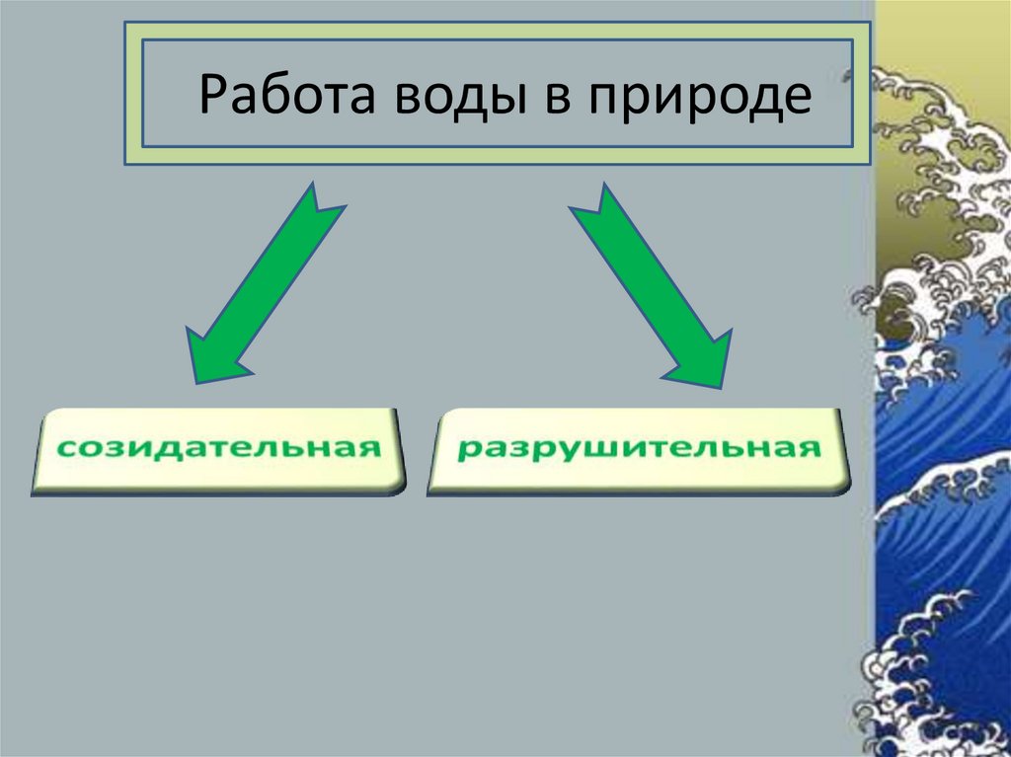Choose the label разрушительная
click(639, 448)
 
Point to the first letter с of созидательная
click(64, 448)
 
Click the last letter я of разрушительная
click(812, 448)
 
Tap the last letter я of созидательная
click(371, 448)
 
